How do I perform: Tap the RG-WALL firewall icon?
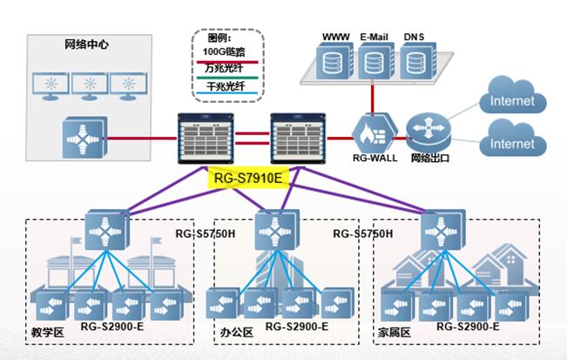[x=374, y=133]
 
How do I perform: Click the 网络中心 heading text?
[x=87, y=44]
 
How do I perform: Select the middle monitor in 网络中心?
[x=90, y=85]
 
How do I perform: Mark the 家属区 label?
[x=394, y=332]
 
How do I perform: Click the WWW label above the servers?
[x=336, y=37]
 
